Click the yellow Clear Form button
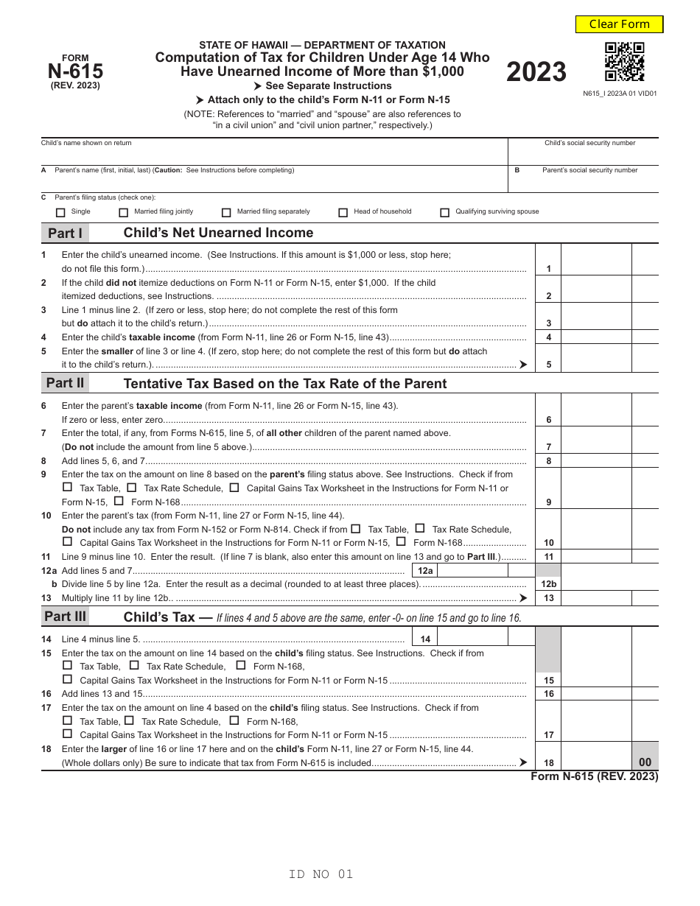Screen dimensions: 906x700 pyautogui.click(x=619, y=24)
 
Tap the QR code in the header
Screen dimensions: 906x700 pyautogui.click(x=624, y=62)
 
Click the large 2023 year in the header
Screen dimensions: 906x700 pyautogui.click(x=536, y=72)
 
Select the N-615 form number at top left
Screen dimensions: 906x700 pyautogui.click(x=75, y=71)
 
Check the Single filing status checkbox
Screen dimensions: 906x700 pyautogui.click(x=60, y=213)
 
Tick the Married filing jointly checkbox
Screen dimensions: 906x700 pyautogui.click(x=124, y=213)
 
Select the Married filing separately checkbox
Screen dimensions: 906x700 pyautogui.click(x=226, y=213)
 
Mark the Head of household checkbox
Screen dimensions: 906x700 pyautogui.click(x=343, y=213)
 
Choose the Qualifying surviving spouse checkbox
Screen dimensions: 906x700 pyautogui.click(x=444, y=213)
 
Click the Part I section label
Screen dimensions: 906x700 pyautogui.click(x=65, y=233)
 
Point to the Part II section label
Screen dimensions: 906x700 pyautogui.click(x=65, y=383)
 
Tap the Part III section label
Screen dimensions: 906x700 pyautogui.click(x=65, y=617)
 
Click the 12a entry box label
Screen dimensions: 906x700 pyautogui.click(x=425, y=571)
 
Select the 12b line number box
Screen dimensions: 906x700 pyautogui.click(x=548, y=584)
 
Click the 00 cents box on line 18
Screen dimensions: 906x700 pyautogui.click(x=645, y=763)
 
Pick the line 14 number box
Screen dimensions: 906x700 pyautogui.click(x=425, y=639)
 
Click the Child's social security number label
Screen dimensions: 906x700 pyautogui.click(x=589, y=143)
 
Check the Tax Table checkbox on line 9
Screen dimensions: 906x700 pyautogui.click(x=68, y=488)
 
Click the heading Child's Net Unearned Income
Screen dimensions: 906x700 pyautogui.click(x=218, y=233)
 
